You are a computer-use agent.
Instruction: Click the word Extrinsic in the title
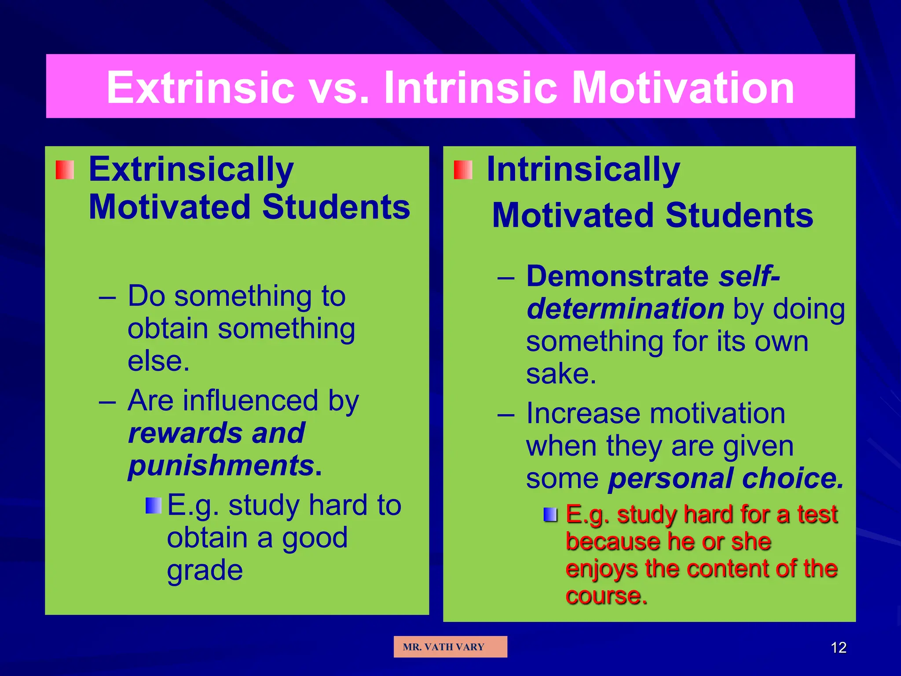point(200,88)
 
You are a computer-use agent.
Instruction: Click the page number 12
point(839,647)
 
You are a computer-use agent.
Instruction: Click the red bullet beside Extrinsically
point(65,170)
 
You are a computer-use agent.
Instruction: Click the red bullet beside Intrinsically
point(463,170)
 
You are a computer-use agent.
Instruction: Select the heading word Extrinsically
point(191,170)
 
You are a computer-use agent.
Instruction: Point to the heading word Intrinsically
point(583,170)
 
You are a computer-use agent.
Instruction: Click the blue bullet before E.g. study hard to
point(154,506)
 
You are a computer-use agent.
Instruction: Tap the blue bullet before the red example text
point(550,514)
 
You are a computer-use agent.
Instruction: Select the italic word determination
point(625,309)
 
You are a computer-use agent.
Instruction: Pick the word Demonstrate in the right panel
point(617,276)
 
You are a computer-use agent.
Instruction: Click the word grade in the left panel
point(205,571)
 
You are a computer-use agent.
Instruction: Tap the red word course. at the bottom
point(606,596)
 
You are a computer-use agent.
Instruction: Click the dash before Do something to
point(107,297)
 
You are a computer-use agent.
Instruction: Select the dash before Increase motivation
point(506,415)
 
